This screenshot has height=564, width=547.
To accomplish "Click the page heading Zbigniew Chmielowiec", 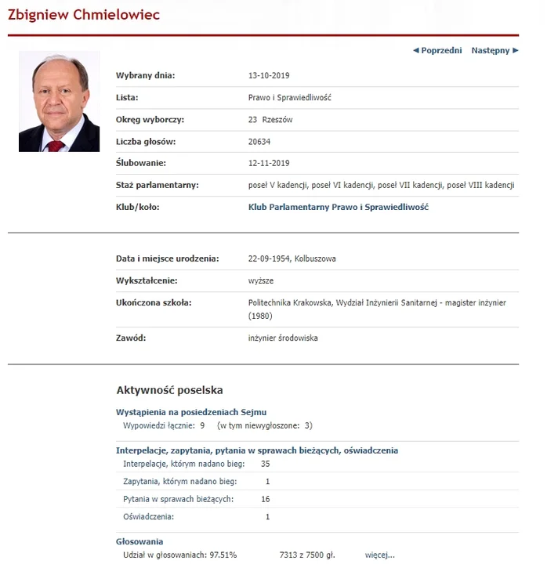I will pyautogui.click(x=84, y=16).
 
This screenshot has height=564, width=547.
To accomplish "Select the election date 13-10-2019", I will pyautogui.click(x=269, y=76).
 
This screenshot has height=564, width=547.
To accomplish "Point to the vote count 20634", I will pyautogui.click(x=259, y=142).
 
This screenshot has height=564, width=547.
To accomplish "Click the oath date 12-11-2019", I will pyautogui.click(x=269, y=164).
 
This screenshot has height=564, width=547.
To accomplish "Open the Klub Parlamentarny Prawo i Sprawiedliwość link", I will pyautogui.click(x=338, y=208).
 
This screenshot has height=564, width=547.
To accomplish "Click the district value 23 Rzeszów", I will pyautogui.click(x=270, y=120).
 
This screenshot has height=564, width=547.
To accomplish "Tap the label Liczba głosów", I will pyautogui.click(x=146, y=142).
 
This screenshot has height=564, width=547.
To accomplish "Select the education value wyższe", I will pyautogui.click(x=261, y=280).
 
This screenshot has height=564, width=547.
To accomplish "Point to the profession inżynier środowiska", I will pyautogui.click(x=282, y=338).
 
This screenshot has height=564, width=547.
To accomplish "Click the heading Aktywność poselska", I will pyautogui.click(x=169, y=389).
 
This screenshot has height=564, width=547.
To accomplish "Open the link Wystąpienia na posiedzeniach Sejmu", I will pyautogui.click(x=191, y=412).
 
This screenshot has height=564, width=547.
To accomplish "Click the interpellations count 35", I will pyautogui.click(x=266, y=465).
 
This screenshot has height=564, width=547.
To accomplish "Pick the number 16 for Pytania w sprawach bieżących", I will pyautogui.click(x=266, y=499).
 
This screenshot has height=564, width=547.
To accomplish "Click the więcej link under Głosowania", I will pyautogui.click(x=379, y=555).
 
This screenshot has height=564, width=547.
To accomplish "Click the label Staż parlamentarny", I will pyautogui.click(x=157, y=186).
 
